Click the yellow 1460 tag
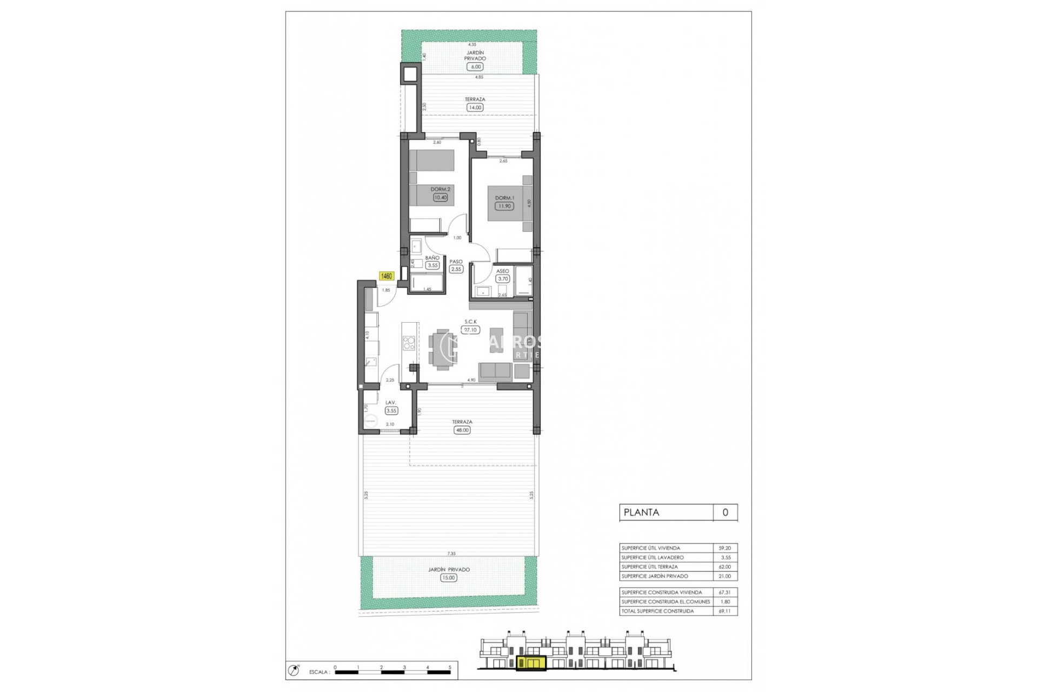tap(387, 276)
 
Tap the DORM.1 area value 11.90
tap(504, 206)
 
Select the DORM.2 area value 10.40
tap(440, 197)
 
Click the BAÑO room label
tap(432, 258)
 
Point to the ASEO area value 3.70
tap(503, 279)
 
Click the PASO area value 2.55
tap(456, 269)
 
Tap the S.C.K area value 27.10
tap(470, 330)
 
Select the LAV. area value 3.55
tap(391, 411)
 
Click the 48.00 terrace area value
tap(462, 430)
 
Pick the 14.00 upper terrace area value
tap(475, 108)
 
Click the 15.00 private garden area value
tap(448, 578)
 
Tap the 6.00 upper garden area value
tap(475, 67)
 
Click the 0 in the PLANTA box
tap(725, 513)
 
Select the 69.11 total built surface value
tap(725, 611)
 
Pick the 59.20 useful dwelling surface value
tap(725, 548)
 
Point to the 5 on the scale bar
tap(450, 667)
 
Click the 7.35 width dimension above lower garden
tap(451, 554)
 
